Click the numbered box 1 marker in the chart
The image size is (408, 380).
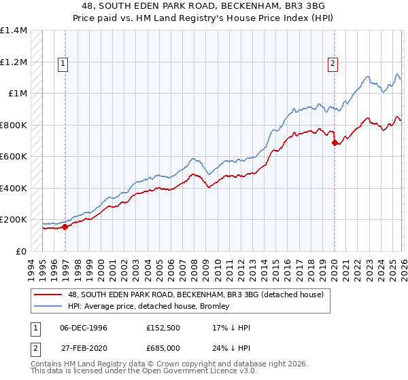63,64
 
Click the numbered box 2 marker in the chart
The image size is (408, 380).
333,64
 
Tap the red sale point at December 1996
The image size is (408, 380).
65,227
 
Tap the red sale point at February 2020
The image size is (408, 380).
335,143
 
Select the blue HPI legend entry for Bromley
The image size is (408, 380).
148,306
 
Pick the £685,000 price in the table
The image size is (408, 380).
163,347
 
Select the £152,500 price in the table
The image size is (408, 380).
163,328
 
